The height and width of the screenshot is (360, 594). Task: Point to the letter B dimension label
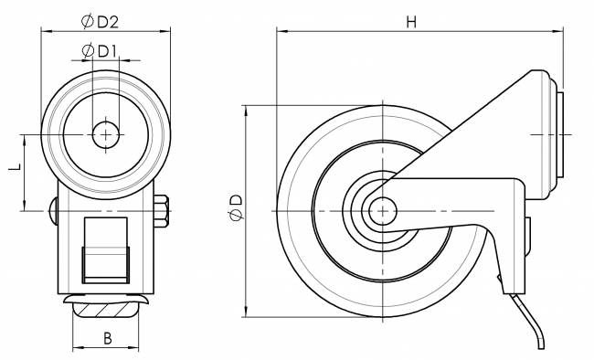point(107,339)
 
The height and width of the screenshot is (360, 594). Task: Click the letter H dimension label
point(412,23)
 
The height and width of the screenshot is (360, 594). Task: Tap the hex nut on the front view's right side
point(163,211)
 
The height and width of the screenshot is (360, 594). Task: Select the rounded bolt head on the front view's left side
point(53,211)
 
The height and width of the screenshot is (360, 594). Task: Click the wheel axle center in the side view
point(377,211)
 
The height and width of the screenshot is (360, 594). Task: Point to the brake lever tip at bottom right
point(541,344)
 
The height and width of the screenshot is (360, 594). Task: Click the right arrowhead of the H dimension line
point(560,32)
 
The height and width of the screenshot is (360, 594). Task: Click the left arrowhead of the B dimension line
point(76,349)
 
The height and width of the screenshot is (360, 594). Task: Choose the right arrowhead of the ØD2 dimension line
point(168,31)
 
